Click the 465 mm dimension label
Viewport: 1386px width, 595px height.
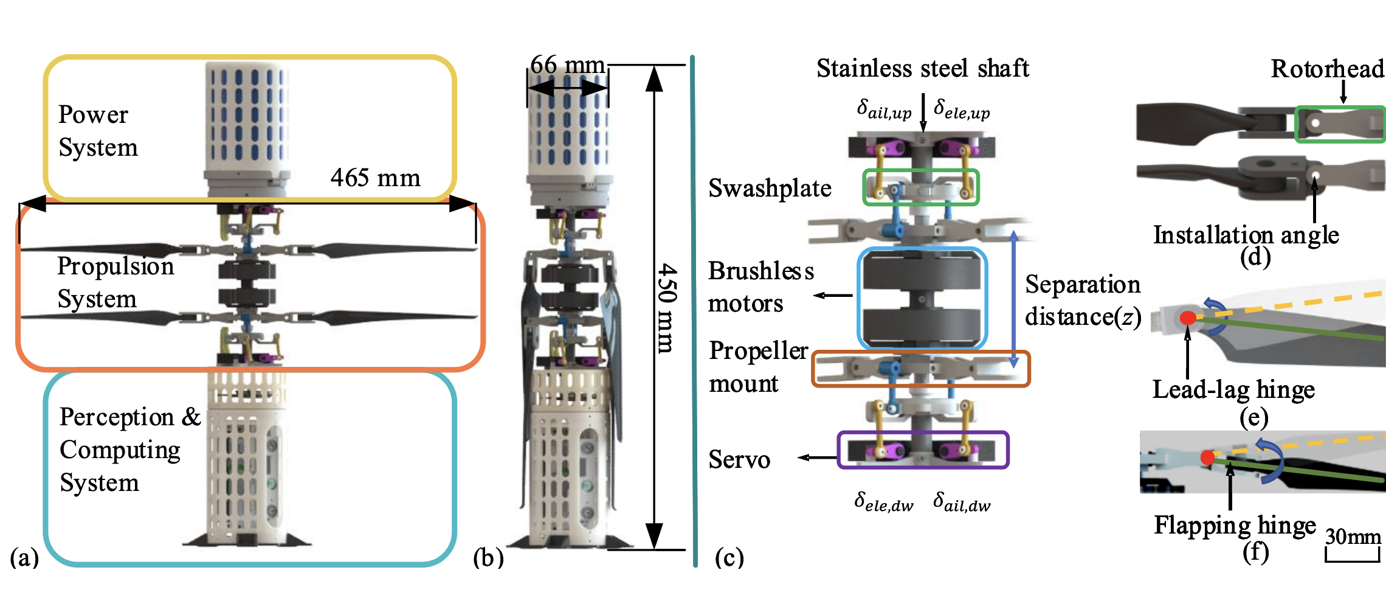375,178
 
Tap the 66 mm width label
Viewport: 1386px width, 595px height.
567,64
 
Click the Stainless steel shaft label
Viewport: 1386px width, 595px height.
922,68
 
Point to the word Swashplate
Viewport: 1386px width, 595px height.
770,189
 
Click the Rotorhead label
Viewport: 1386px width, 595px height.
1327,69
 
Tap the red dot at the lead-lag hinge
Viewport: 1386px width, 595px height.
1187,318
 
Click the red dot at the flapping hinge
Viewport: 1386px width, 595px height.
1207,457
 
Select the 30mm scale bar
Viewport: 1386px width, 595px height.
1353,555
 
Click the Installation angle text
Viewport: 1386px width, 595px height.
1246,235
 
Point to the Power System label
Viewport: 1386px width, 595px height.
97,131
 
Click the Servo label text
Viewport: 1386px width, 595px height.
739,459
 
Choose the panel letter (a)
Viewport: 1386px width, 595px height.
24,557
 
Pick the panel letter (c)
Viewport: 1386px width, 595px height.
729,557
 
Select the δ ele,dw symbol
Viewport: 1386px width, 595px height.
883,503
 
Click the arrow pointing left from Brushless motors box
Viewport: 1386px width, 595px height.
833,296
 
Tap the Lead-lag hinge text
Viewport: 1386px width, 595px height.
1233,389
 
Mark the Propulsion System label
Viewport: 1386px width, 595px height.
115,282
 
